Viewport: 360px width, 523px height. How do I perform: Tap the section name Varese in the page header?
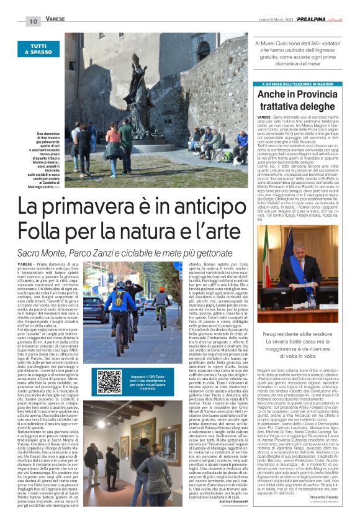(x=56, y=20)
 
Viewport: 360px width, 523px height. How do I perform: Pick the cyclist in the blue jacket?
(x=130, y=304)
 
